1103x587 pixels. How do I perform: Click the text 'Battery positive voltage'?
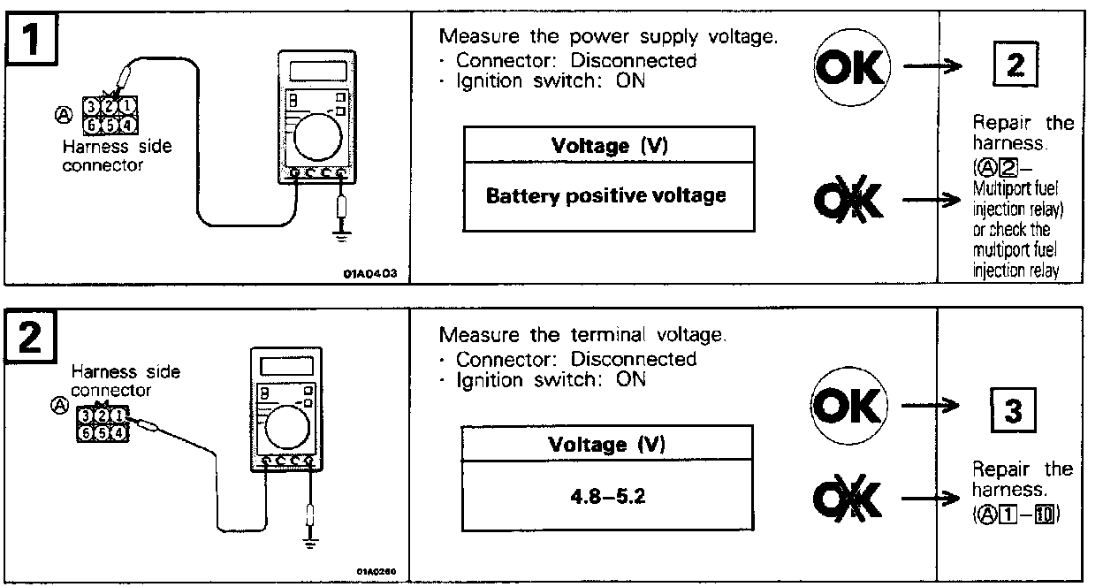[x=605, y=196]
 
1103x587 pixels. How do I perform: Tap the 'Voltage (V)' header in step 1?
[x=609, y=145]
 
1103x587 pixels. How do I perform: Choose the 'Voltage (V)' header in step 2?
[x=609, y=444]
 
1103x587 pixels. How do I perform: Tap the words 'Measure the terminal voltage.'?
[x=582, y=336]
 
